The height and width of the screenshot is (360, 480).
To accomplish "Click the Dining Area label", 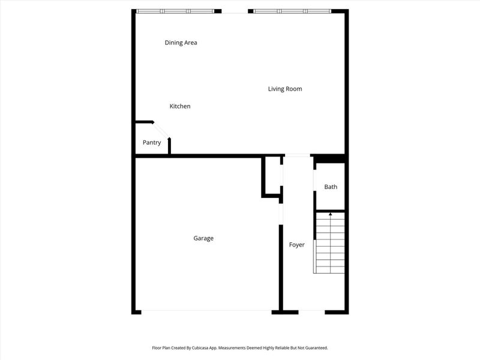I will coord(181,43).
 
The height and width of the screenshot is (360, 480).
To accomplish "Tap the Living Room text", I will coord(284,89).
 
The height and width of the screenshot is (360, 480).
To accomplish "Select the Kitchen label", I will coord(180,106).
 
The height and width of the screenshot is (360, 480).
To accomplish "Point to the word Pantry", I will coord(152,143).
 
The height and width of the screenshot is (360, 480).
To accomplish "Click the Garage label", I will coord(203,238).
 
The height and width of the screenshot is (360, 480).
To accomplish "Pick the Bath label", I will coord(331,187).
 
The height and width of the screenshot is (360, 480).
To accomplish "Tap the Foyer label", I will coord(297,245).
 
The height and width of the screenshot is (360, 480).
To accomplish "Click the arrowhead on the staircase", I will coord(330,214).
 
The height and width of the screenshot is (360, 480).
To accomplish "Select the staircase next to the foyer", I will coord(330,243).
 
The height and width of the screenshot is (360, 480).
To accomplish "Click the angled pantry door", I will coord(161,131).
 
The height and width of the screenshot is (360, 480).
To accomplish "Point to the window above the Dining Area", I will coord(175,11).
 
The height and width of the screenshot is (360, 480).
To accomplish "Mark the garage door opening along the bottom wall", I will coord(206,311).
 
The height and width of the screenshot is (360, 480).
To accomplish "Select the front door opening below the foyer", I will coord(311,311).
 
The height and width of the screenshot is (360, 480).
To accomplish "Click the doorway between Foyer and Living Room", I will coord(297,155).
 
